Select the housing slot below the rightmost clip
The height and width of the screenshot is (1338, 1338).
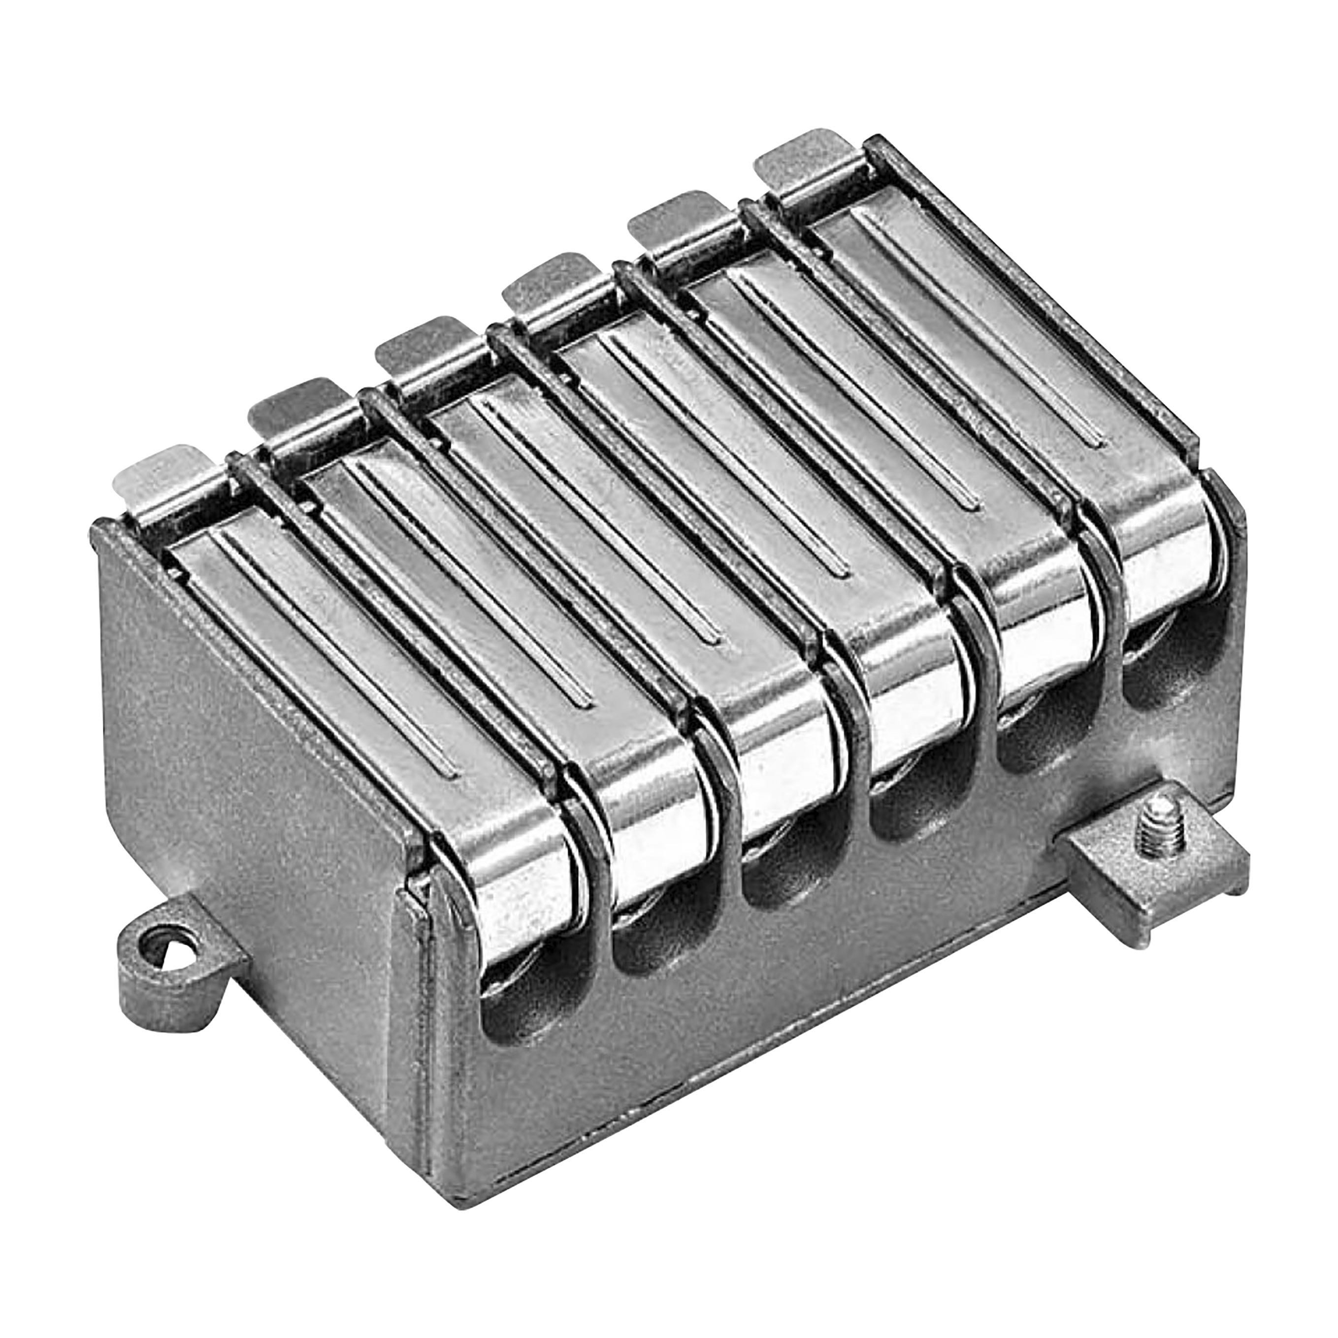1164,665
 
